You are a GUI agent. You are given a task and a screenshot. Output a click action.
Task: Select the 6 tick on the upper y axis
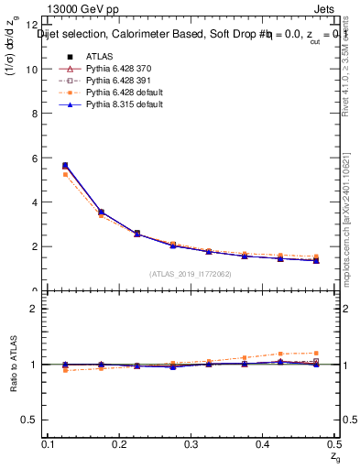pos(35,158)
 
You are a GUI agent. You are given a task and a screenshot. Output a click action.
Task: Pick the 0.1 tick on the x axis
pos(50,444)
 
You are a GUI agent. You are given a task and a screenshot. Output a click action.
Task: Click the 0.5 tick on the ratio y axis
pos(30,420)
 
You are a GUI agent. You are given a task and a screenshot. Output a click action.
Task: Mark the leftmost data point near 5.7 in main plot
pos(64,166)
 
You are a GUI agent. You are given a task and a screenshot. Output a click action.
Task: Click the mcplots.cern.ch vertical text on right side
pos(350,211)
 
